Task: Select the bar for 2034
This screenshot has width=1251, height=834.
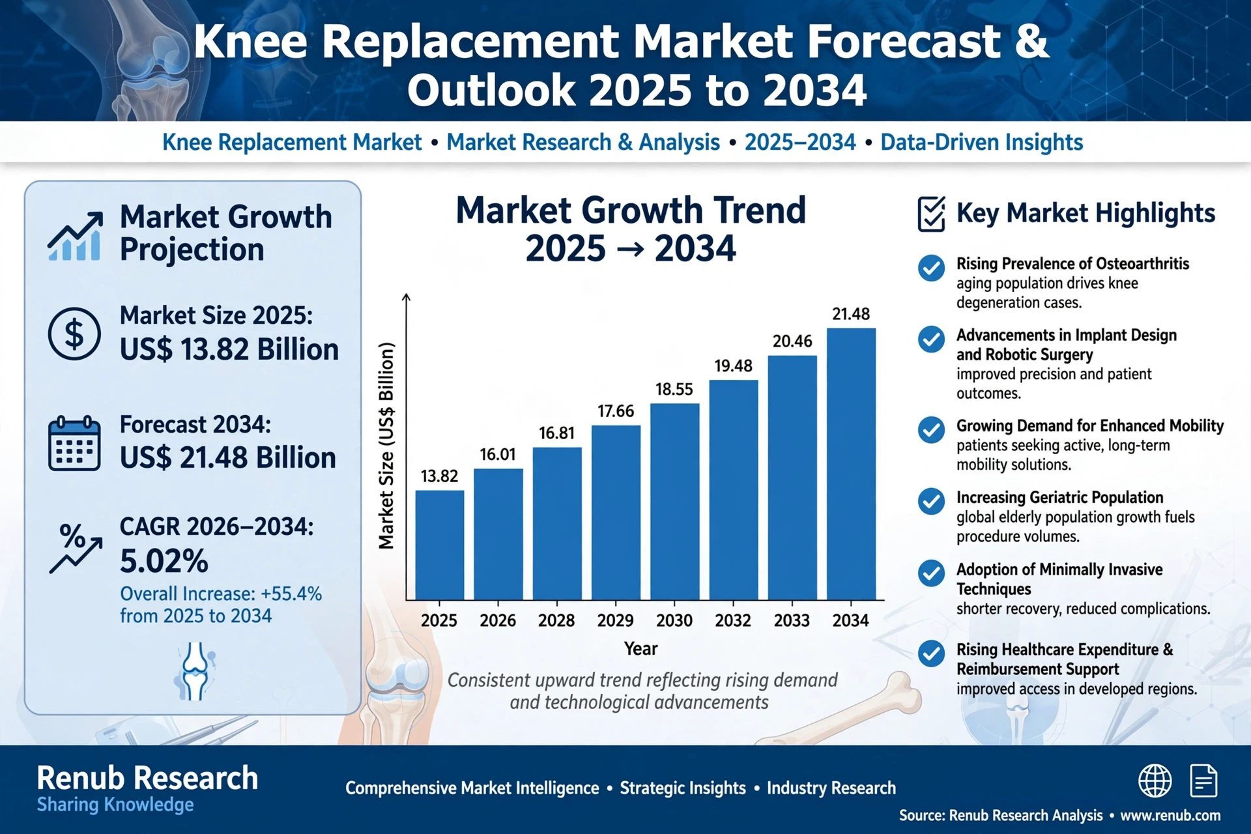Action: point(851,464)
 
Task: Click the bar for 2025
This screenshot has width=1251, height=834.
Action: point(440,545)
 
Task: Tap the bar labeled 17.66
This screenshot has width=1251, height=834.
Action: point(616,513)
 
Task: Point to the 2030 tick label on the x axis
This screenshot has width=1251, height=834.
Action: point(674,620)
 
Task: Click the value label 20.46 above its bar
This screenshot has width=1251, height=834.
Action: point(792,341)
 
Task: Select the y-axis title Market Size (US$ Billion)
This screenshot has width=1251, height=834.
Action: point(386,446)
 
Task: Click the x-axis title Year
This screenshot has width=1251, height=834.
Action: point(640,648)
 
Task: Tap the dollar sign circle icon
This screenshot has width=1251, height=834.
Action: point(74,334)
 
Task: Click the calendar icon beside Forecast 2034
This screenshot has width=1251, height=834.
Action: point(74,444)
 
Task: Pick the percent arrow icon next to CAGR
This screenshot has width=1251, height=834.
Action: point(76,548)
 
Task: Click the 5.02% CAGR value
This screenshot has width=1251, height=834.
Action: point(164,561)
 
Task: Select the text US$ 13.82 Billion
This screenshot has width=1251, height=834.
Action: point(229,349)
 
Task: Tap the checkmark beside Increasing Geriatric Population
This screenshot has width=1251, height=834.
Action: point(931,501)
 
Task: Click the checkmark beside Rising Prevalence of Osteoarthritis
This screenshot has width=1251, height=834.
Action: point(931,268)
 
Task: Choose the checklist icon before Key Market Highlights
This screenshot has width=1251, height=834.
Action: point(931,214)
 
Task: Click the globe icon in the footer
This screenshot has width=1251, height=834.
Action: point(1155,781)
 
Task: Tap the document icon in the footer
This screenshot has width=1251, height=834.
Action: point(1203,781)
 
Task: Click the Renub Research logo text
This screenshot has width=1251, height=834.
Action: point(147,778)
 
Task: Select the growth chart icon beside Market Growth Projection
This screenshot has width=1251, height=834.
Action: point(75,236)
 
